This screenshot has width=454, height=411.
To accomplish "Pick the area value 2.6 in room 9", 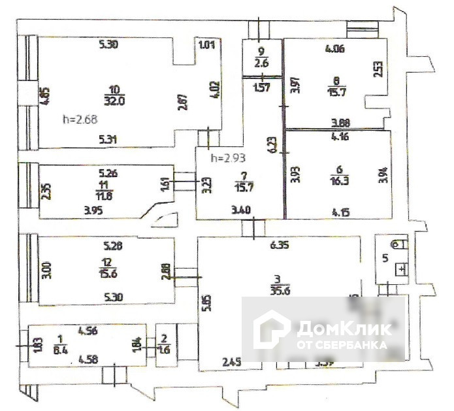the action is click(x=261, y=63).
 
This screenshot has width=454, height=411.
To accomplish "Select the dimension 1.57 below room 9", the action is click(x=261, y=88).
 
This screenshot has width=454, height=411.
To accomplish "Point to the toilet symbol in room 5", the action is click(x=401, y=244).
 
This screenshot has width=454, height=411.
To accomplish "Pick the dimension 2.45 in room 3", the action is click(x=233, y=361).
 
